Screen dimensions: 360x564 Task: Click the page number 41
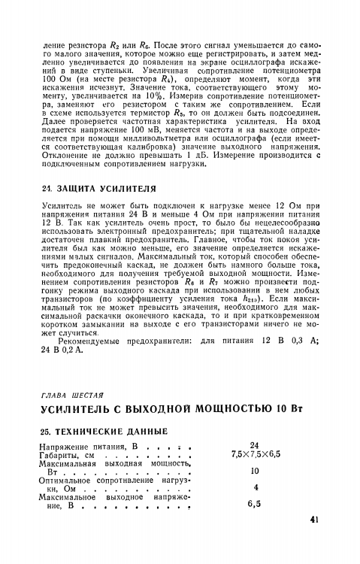pos(314,519)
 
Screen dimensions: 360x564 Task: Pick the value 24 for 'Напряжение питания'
pos(254,445)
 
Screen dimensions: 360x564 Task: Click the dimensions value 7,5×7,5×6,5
pos(254,455)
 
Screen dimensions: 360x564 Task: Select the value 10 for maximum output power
pos(254,471)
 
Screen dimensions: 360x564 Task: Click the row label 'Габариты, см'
pos(67,456)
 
